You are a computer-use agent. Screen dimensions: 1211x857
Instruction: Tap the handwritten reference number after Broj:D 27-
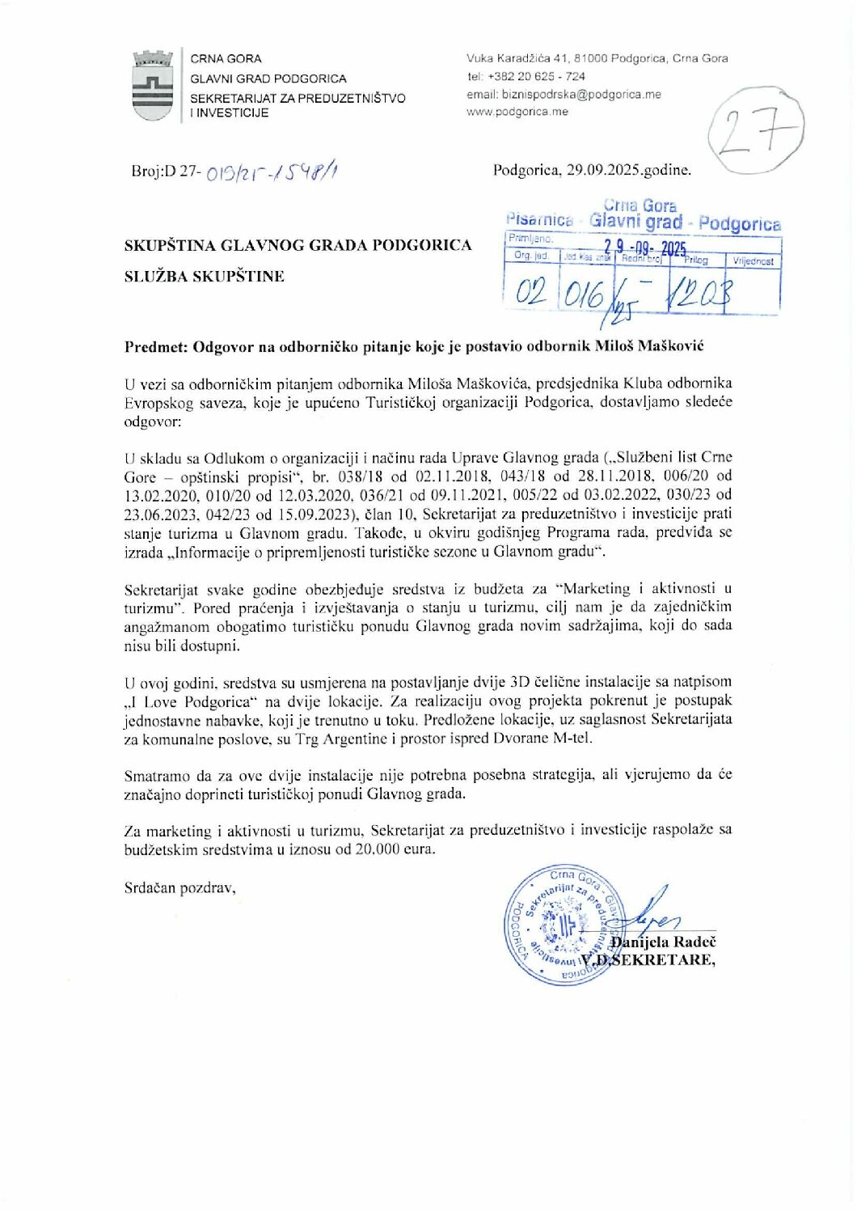pyautogui.click(x=271, y=171)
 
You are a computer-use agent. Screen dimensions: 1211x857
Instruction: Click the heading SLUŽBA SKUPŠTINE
pyautogui.click(x=205, y=277)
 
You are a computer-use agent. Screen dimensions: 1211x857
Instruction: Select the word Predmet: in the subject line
pyautogui.click(x=156, y=347)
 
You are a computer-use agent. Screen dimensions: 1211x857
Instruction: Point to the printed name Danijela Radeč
pyautogui.click(x=663, y=942)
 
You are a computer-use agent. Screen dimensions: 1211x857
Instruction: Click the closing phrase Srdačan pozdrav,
pyautogui.click(x=179, y=888)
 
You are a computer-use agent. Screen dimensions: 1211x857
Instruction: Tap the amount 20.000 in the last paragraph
pyautogui.click(x=377, y=849)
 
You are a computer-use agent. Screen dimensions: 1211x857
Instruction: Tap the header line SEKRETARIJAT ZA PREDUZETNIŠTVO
pyautogui.click(x=298, y=99)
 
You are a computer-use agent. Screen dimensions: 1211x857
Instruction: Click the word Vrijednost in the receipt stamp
pyautogui.click(x=753, y=262)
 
